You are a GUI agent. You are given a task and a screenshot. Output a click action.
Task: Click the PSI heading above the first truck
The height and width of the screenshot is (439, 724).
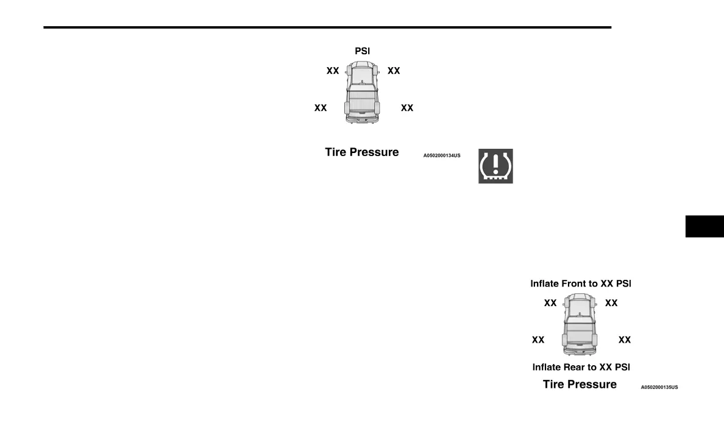363,51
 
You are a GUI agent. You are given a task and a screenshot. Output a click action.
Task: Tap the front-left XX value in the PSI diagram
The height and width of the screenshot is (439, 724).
333,71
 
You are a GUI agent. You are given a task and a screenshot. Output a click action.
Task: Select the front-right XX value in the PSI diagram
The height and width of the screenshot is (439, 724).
394,71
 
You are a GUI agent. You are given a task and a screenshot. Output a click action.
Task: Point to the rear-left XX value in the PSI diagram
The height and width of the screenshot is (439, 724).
321,108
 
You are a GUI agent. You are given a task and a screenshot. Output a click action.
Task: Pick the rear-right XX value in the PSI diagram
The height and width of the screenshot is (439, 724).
407,108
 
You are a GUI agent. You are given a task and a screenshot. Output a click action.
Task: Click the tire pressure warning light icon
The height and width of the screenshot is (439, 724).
495,166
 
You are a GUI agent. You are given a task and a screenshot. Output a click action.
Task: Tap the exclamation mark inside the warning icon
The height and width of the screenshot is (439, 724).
495,164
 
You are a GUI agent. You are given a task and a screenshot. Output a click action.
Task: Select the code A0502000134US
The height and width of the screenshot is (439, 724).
442,156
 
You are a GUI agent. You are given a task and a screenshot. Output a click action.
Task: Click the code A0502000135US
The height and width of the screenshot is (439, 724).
659,387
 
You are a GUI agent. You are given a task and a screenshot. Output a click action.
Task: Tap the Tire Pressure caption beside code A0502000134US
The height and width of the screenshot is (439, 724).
362,152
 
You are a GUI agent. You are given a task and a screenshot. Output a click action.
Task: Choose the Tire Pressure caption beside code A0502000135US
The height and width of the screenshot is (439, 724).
580,384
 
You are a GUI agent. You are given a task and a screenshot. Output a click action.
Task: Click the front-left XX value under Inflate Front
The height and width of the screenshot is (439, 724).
550,303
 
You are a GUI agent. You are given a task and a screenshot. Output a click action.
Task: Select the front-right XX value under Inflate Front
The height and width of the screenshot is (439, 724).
611,303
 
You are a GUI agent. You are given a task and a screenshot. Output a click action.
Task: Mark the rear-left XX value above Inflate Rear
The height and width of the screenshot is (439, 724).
538,340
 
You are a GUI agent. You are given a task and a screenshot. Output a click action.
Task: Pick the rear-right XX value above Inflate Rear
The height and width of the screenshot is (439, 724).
625,340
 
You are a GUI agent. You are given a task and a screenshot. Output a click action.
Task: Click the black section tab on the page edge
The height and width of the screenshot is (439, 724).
704,226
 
